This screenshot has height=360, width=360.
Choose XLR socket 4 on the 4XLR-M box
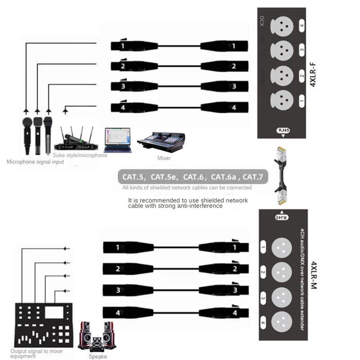pos(282,321)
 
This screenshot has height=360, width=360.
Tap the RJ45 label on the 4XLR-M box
pos(280,217)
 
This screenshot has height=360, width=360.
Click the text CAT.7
pos(253,177)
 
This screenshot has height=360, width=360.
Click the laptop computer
pos(118,139)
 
